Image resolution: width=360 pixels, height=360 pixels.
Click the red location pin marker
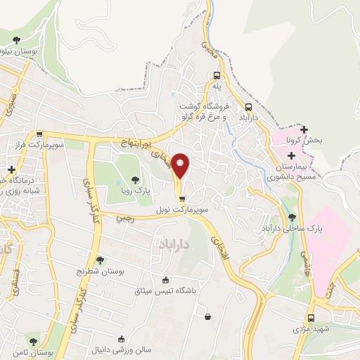[181, 165]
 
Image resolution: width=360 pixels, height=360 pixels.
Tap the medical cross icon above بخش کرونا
[304, 129]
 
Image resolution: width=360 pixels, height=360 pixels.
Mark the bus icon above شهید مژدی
[311, 318]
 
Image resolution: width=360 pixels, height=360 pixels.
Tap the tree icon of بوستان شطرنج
[99, 260]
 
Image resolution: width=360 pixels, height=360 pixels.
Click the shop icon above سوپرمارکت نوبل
[181, 198]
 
